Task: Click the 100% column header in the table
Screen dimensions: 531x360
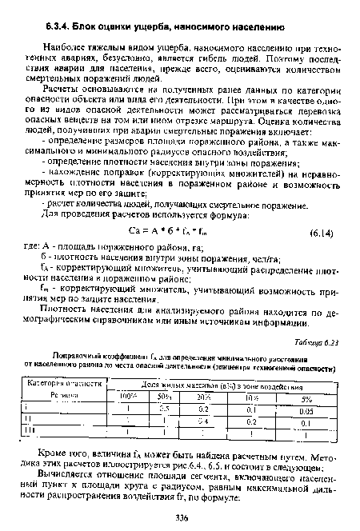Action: (x=127, y=397)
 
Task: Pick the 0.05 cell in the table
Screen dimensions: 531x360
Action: (x=307, y=409)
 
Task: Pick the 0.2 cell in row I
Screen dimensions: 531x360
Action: (x=206, y=409)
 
